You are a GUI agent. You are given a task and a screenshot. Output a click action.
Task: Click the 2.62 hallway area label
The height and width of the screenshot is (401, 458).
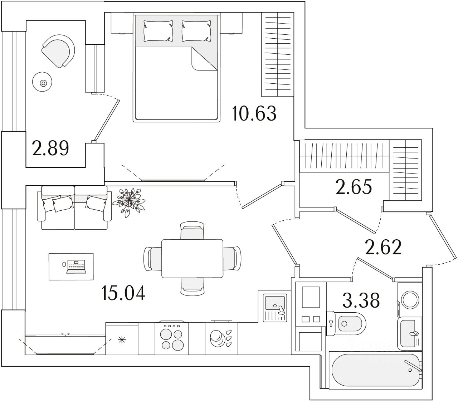(383, 247)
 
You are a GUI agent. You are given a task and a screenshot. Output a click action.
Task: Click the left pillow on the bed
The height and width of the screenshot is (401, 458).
(158, 31)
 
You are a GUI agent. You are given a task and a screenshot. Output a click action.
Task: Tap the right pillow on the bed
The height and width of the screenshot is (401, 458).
(196, 31)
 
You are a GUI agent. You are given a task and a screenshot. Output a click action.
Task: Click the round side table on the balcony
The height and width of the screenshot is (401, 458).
(43, 83)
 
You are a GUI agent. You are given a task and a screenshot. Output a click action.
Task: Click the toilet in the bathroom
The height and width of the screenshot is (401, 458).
(346, 323)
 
